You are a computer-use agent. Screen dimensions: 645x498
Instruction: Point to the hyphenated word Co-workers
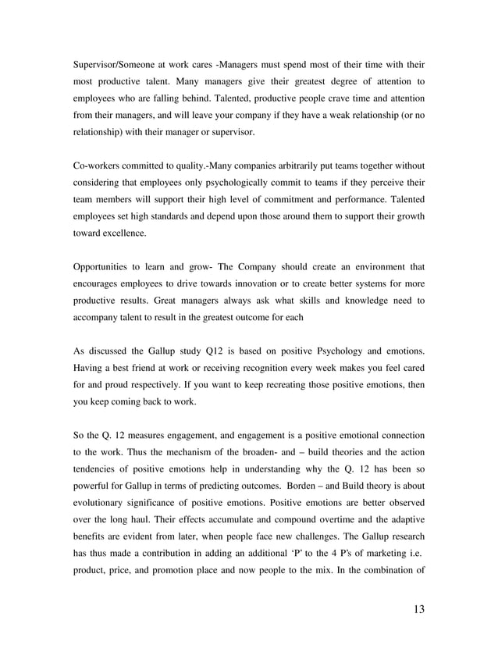(91, 167)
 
